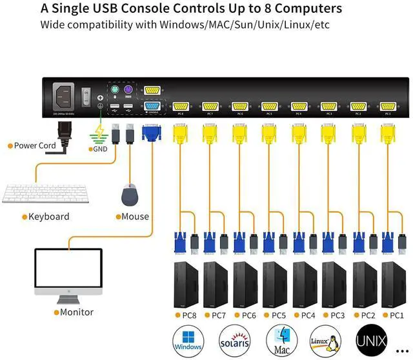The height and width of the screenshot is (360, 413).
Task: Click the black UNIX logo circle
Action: (x=373, y=339)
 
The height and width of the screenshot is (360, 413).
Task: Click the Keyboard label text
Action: (x=48, y=217)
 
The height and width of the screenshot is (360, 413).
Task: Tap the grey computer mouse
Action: (x=130, y=194)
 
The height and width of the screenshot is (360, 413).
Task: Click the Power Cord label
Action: (x=35, y=146)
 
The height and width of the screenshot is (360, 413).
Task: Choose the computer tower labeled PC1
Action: (x=393, y=285)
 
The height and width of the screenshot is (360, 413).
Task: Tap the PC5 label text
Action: (x=278, y=315)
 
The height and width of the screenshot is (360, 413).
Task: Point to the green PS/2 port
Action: (x=114, y=91)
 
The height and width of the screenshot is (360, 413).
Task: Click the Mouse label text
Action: (x=135, y=217)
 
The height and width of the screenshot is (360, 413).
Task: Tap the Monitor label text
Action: (x=77, y=312)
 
